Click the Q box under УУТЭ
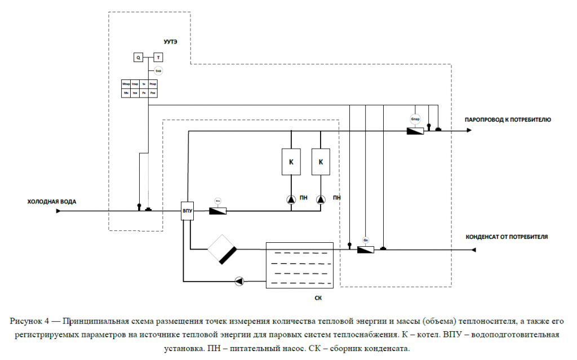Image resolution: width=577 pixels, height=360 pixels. coord(138,57)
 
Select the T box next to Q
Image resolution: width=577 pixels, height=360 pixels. coord(158,57)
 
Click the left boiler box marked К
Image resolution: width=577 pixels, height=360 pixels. coord(291,162)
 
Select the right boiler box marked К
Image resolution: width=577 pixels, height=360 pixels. coord(321,162)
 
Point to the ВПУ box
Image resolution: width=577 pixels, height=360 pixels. coord(187,212)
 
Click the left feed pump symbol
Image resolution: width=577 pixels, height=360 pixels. coord(291,198)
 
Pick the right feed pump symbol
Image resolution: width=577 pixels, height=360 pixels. coord(321,198)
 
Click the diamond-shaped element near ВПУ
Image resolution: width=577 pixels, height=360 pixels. coord(221,249)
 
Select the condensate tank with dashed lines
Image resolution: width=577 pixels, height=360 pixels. coord(300,265)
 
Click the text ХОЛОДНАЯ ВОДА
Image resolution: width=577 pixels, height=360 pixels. coord(52,201)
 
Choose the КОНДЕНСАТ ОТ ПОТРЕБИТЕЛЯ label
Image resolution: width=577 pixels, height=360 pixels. coord(507,237)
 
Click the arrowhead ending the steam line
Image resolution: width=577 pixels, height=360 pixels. coord(468,131)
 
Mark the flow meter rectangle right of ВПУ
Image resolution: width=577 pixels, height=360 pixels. coord(218,211)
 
